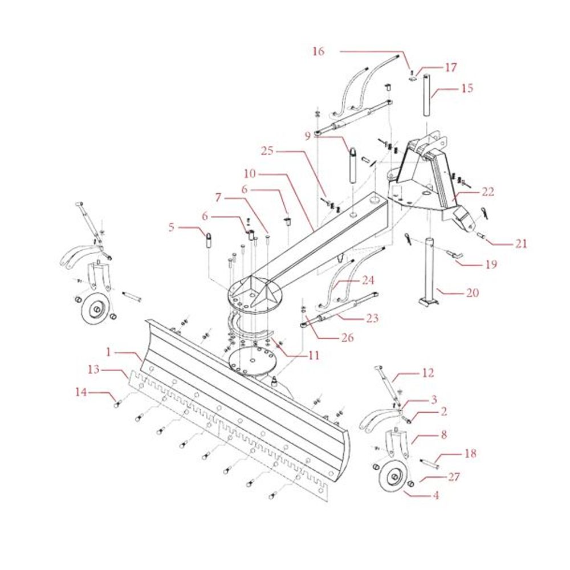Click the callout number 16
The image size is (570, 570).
click(318, 51)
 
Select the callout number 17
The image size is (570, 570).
click(451, 67)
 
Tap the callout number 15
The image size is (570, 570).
click(467, 88)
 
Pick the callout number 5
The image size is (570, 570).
click(172, 227)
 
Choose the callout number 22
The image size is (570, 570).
click(487, 192)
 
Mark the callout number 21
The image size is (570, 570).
click(520, 244)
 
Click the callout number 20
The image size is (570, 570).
click(472, 293)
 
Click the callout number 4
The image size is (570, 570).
click(435, 495)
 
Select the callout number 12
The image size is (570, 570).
click(427, 373)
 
